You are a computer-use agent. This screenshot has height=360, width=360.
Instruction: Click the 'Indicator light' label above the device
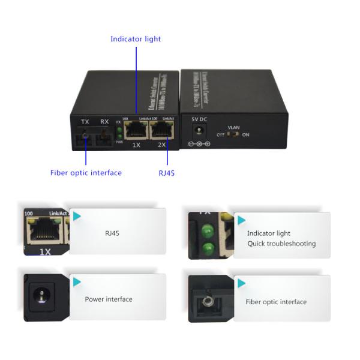136,39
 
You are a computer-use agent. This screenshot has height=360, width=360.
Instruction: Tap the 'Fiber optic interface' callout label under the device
86,173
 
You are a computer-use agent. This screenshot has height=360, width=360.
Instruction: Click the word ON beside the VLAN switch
245,135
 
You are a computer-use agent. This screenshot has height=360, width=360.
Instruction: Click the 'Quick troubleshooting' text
281,244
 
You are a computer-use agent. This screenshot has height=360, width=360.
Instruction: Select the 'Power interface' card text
109,299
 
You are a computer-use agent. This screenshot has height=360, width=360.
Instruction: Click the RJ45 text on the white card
112,232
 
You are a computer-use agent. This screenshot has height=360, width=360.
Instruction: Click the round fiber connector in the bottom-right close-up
209,299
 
